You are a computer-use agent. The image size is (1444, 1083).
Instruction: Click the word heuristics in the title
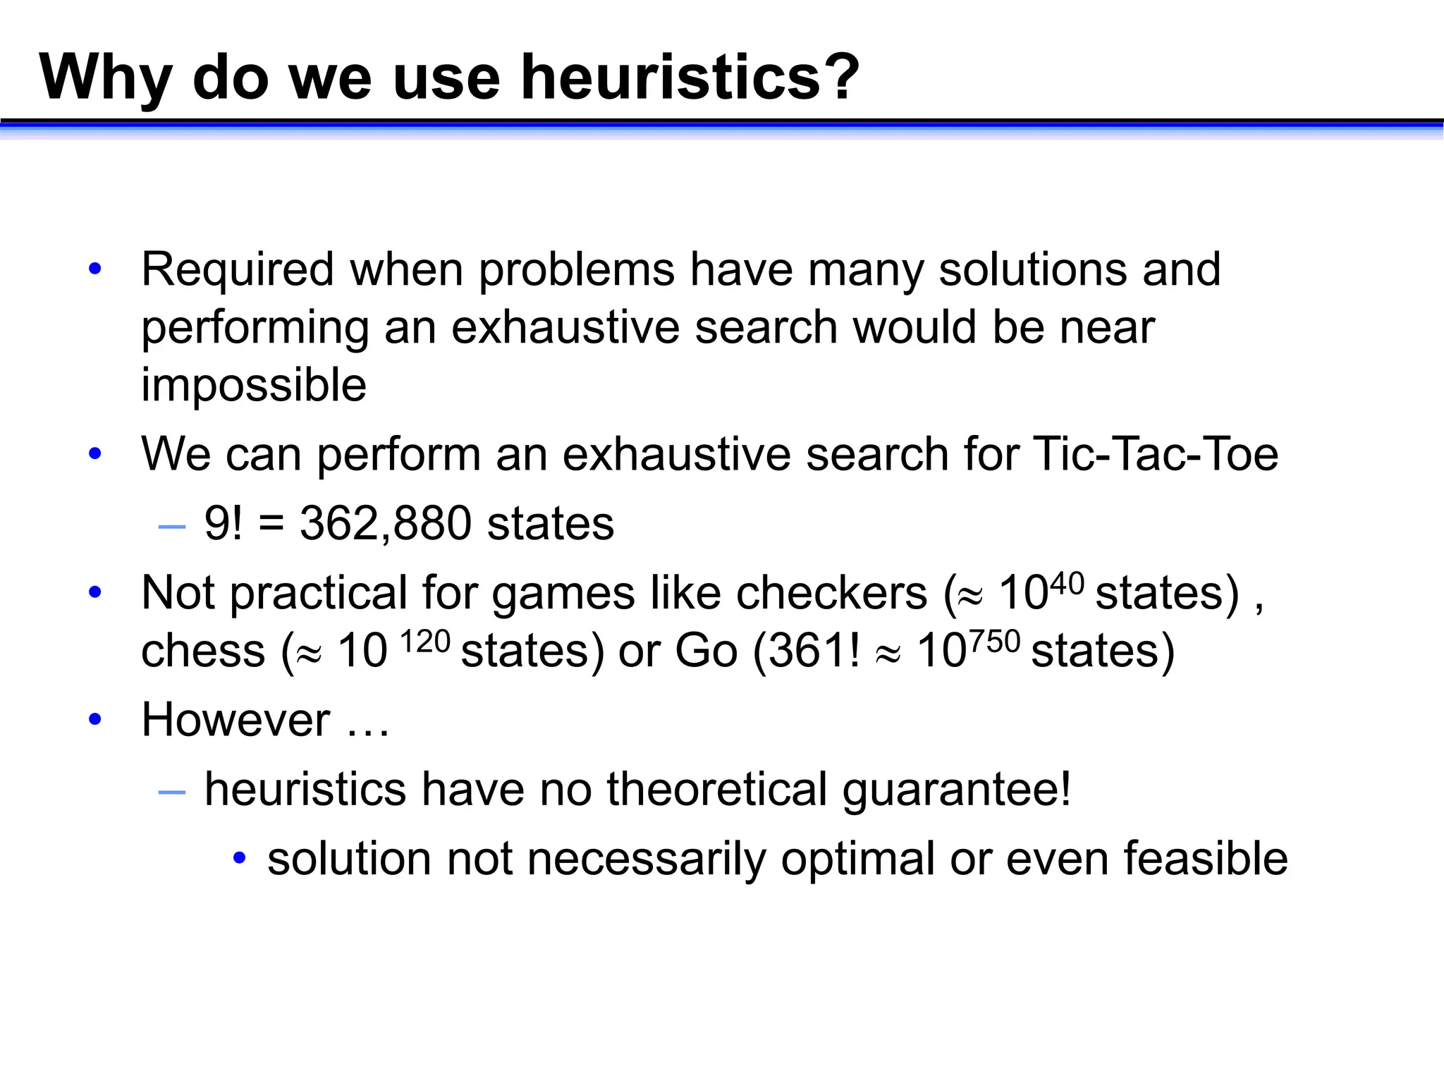click(x=670, y=78)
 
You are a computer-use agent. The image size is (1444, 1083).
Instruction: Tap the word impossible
click(x=254, y=385)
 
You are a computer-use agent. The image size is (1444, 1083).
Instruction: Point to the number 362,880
click(x=385, y=524)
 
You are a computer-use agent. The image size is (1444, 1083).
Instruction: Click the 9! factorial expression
click(x=223, y=524)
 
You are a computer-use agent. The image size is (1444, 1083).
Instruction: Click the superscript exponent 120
click(x=425, y=642)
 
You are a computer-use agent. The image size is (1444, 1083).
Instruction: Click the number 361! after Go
click(x=814, y=651)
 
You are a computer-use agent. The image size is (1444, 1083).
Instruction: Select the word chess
click(x=203, y=651)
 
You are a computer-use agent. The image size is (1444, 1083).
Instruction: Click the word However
click(x=235, y=721)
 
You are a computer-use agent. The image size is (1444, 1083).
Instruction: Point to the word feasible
click(x=1206, y=859)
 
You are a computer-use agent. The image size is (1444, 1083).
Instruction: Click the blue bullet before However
click(x=95, y=720)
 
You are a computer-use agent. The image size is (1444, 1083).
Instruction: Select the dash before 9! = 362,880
click(x=172, y=527)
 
